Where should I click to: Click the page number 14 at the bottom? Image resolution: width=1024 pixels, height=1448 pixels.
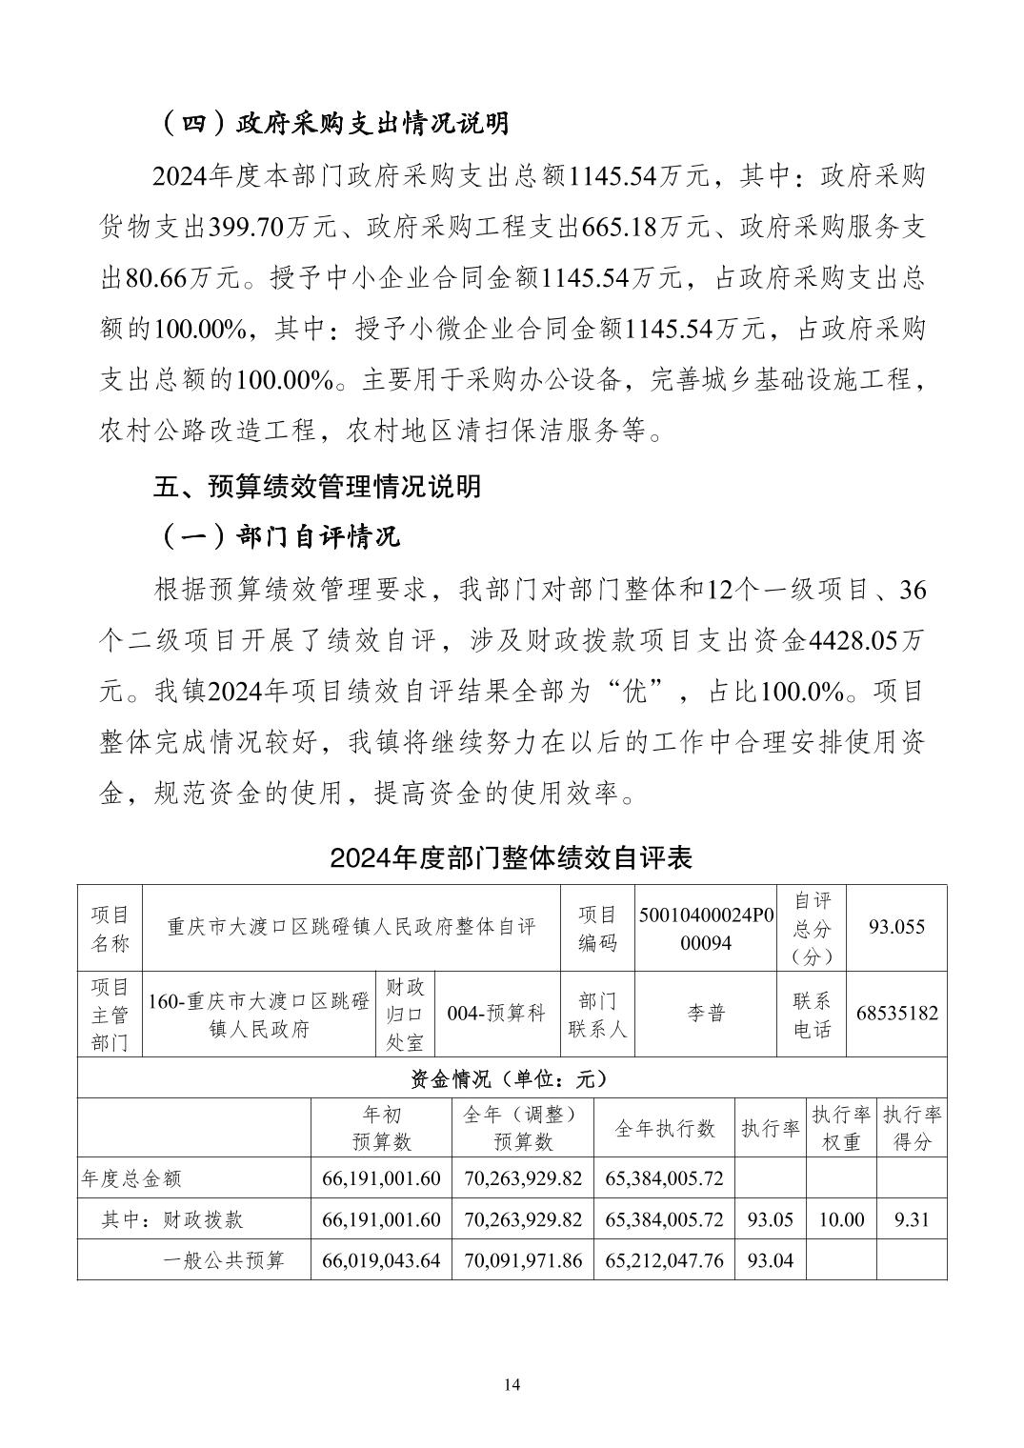point(512,1384)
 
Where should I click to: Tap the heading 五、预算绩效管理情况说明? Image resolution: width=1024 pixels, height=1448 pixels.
point(317,487)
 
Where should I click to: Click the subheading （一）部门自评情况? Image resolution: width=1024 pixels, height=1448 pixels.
point(277,537)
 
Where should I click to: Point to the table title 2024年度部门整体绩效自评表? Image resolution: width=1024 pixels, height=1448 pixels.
point(511,857)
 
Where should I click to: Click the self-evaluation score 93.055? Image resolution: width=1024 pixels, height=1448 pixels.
point(895,927)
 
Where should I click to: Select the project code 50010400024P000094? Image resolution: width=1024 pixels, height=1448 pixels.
point(706,927)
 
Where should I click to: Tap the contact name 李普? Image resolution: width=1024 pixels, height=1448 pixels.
point(706,1014)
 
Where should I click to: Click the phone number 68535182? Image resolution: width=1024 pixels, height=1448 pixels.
point(896,1014)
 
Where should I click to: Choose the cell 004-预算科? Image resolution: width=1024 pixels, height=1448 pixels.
point(496,1014)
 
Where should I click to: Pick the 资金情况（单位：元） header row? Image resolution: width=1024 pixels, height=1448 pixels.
point(511,1078)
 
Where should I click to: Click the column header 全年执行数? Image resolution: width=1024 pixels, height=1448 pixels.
point(664,1128)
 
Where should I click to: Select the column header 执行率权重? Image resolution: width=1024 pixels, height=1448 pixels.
point(841,1128)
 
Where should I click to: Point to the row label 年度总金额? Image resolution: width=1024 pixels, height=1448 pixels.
point(131,1178)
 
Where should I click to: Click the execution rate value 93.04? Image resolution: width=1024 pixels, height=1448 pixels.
point(771,1260)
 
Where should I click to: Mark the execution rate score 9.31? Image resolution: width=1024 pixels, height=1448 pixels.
point(912,1219)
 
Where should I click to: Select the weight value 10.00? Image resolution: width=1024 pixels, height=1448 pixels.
point(841,1219)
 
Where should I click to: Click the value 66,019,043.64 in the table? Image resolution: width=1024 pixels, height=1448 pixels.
point(381,1260)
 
